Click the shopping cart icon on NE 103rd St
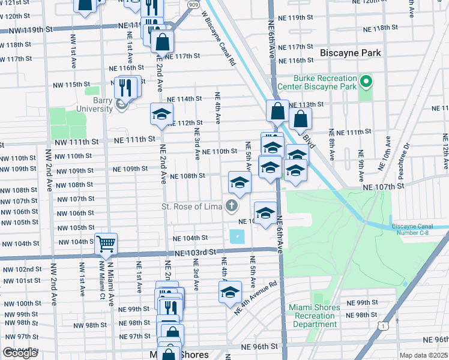point(106,243)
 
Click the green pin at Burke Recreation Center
point(365,81)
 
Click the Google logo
point(20,353)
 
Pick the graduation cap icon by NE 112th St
point(161,115)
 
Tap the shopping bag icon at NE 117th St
point(162,42)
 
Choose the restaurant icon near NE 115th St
point(126,88)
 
